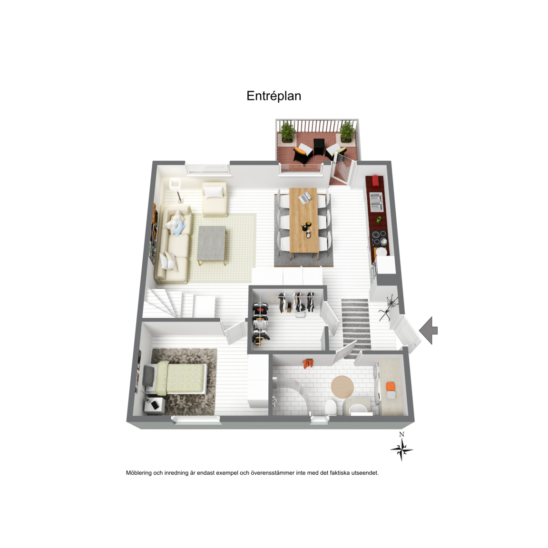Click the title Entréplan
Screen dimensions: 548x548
tap(274, 96)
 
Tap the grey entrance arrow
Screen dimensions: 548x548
tap(429, 330)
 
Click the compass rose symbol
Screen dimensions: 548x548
tap(401, 449)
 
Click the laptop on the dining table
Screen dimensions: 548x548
tap(305, 197)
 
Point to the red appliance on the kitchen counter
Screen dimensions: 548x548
tap(375, 182)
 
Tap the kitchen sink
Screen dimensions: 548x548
tap(376, 202)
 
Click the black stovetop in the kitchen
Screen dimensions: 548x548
tap(380, 238)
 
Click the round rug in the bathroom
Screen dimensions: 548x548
tap(342, 387)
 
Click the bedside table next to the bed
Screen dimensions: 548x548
tap(155, 405)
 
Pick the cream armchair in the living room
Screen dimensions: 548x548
tap(215, 198)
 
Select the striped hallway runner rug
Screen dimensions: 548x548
tap(356, 325)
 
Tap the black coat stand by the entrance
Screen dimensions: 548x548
tap(389, 307)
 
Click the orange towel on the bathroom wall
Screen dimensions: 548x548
tap(308, 363)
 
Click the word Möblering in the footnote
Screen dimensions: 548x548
tap(139, 473)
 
